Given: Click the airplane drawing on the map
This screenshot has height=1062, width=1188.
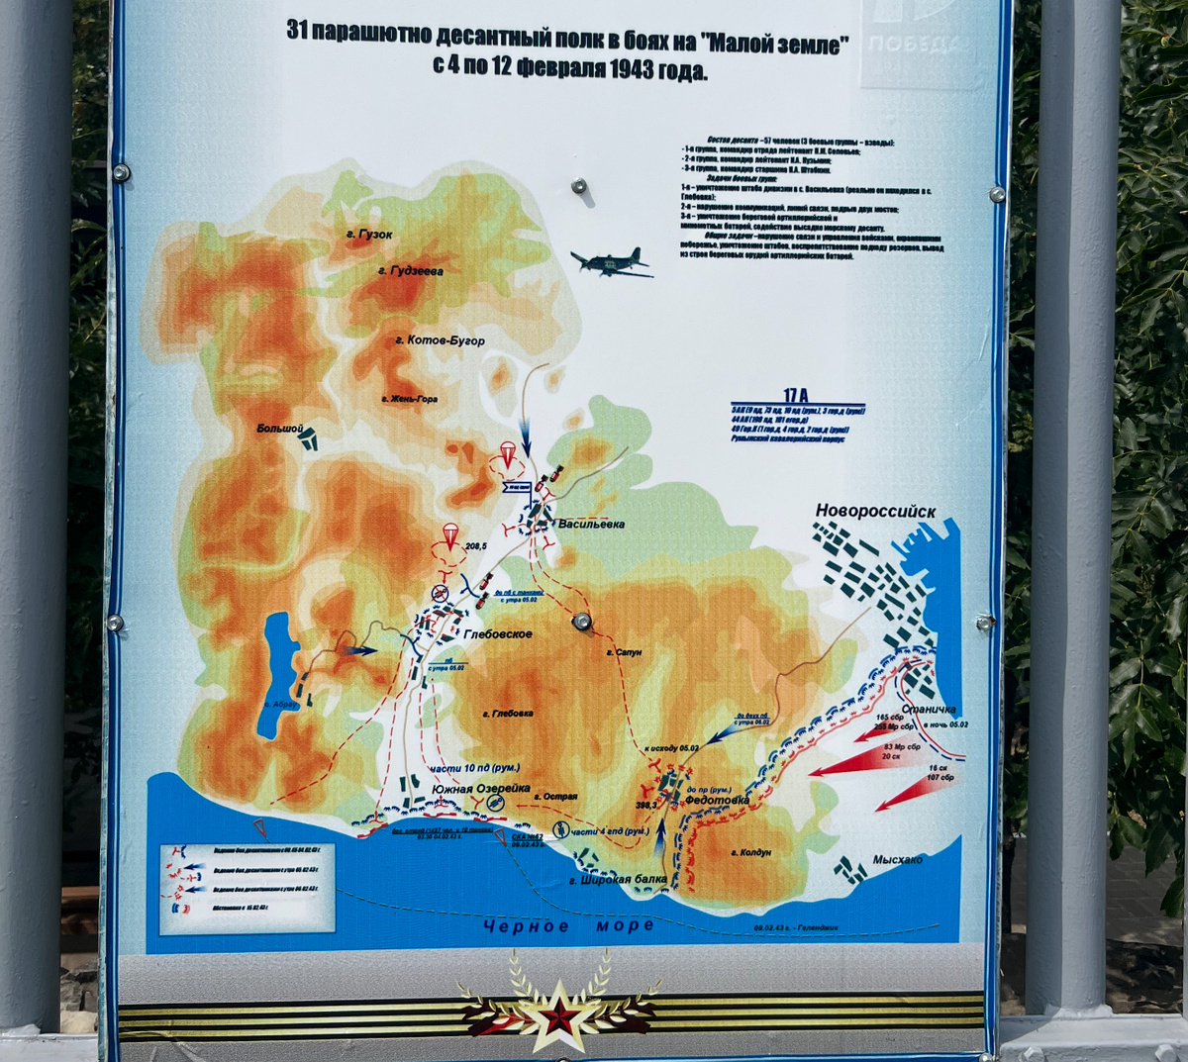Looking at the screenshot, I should pos(610,262).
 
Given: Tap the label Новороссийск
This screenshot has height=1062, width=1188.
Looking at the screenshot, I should pos(875,512).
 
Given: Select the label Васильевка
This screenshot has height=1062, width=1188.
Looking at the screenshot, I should pos(591,524).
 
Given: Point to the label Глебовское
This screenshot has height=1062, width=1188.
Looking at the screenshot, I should pos(497,634).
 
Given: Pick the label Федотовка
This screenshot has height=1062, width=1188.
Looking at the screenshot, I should pos(717,800).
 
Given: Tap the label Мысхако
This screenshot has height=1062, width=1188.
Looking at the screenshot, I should pos(897,860).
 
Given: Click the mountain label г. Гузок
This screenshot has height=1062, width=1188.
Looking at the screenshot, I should pos(369,235).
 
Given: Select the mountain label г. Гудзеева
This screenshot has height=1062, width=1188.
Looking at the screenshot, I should pos(410,270).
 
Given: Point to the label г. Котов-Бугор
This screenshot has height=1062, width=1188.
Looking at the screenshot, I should pos(440,340).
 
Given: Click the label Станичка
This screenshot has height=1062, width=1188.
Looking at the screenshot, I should pos(929,710).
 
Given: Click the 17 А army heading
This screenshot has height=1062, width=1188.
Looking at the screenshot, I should pos(795,395).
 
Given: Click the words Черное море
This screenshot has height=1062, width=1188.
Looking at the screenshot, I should pos(569,925).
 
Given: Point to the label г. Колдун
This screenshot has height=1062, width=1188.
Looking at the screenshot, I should pos(750,852).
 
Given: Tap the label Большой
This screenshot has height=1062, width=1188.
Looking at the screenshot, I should pos(279,429).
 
